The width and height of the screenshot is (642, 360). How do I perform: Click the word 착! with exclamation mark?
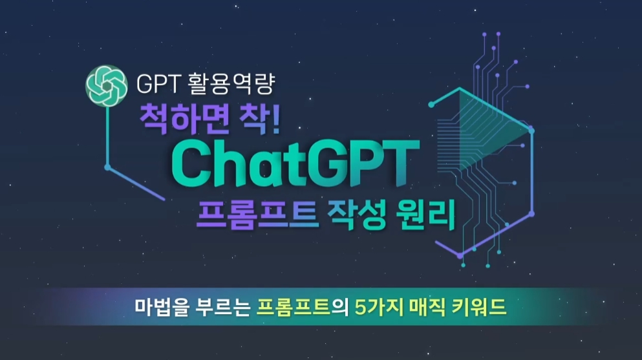[259, 121]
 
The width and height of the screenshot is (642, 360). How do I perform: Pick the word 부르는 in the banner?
[217, 306]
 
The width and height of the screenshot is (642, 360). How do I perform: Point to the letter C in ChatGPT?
[189, 164]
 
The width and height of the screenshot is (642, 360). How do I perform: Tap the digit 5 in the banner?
[360, 306]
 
